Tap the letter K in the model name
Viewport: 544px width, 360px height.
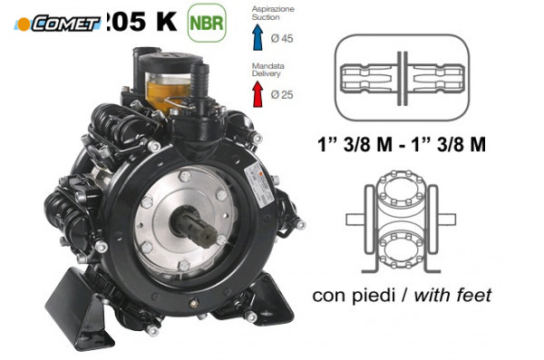(x=165, y=23)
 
